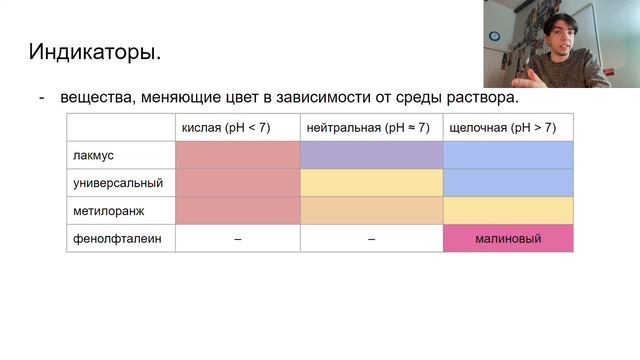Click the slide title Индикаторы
tap(94, 50)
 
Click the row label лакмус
tap(94, 156)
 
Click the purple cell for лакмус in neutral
tap(371, 156)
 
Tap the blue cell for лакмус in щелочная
tap(508, 156)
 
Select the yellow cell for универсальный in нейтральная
tap(371, 184)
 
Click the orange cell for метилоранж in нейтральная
tap(371, 211)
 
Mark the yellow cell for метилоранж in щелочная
tap(508, 211)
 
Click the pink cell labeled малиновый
tap(508, 239)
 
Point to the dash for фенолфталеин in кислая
tap(237, 239)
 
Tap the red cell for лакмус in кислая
tap(237, 156)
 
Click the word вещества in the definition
tap(96, 98)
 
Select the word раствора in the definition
tap(485, 98)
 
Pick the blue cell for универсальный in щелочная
tap(508, 184)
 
